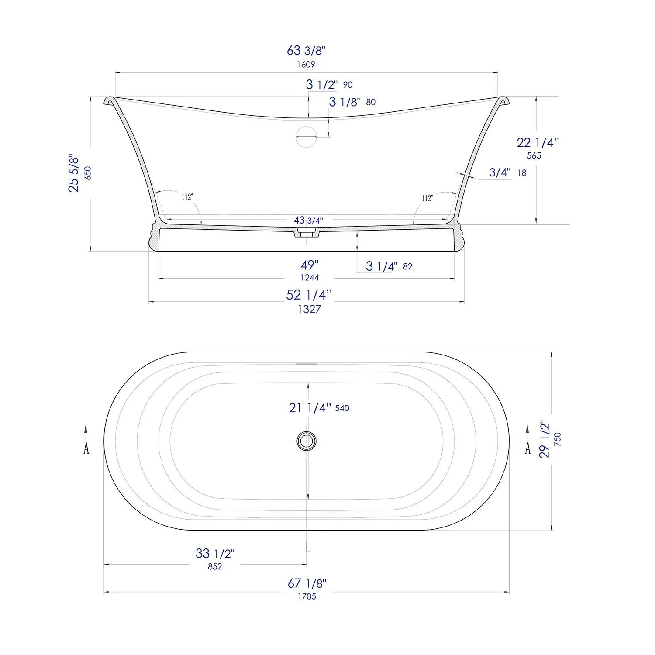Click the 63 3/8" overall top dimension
click(x=306, y=51)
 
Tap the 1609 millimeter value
click(x=306, y=65)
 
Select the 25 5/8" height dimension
click(x=74, y=173)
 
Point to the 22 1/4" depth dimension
click(x=538, y=142)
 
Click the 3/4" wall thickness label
click(x=500, y=172)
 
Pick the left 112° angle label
click(x=187, y=197)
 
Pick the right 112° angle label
click(x=427, y=198)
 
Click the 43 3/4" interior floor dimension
click(x=308, y=221)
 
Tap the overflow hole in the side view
click(x=306, y=137)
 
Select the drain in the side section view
click(x=307, y=234)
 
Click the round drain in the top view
click(x=306, y=441)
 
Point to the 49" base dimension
click(x=310, y=265)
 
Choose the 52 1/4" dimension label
click(x=309, y=295)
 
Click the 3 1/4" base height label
click(x=382, y=266)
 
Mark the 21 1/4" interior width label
click(x=310, y=408)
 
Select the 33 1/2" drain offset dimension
click(x=215, y=554)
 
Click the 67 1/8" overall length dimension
click(x=307, y=583)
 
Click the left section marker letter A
click(x=86, y=448)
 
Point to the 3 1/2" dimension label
click(x=322, y=84)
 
